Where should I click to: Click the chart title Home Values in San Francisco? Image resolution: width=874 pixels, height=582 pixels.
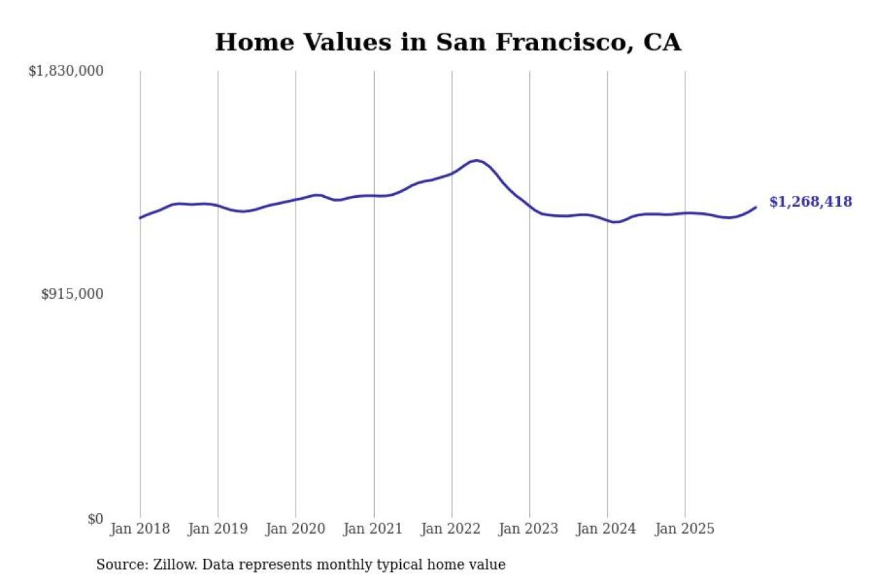tap(448, 42)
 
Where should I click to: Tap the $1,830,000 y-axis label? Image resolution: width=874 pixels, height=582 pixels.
tap(66, 71)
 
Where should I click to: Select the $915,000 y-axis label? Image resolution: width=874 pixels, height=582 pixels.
tap(72, 294)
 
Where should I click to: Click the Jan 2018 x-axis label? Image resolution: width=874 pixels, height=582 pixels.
tap(140, 529)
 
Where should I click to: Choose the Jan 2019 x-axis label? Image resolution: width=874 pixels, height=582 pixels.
tap(218, 529)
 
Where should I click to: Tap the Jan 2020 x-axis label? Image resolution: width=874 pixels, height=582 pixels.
tap(296, 529)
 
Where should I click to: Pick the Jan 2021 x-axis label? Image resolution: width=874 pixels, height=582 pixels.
tap(374, 529)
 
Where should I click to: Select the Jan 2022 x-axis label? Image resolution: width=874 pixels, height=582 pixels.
tap(452, 529)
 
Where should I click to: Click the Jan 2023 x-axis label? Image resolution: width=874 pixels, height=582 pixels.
tap(529, 529)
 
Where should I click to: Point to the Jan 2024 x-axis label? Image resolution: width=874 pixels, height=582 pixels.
tap(607, 529)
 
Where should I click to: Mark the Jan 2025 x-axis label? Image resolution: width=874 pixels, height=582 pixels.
tap(685, 529)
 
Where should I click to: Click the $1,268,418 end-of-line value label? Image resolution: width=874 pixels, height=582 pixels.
tap(810, 202)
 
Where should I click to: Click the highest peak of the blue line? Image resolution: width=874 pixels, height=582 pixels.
tap(476, 160)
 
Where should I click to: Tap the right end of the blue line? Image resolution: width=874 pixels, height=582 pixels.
tap(756, 207)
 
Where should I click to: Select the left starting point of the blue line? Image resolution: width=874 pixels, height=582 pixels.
tap(140, 218)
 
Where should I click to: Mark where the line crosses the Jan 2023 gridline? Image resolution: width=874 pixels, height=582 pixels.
tap(530, 205)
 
